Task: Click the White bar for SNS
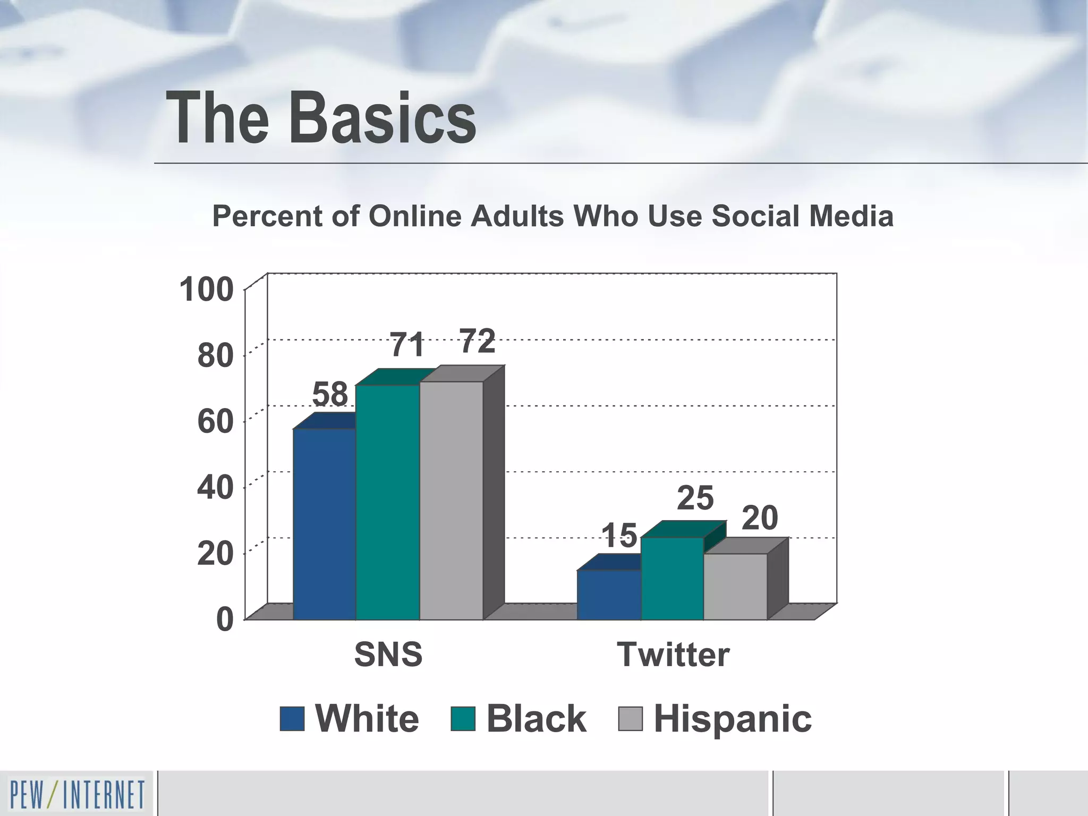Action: coord(324,523)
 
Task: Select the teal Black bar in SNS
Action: coord(388,502)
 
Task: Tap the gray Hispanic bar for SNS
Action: coord(452,500)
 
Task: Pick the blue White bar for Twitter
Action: coord(609,594)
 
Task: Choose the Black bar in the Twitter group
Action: coord(673,579)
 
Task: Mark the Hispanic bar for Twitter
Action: coord(736,586)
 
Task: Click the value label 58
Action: coord(330,395)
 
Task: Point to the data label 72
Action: coord(478,341)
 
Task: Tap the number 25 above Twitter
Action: coord(695,498)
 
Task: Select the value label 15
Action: coord(619,535)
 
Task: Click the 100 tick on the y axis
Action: coord(207,290)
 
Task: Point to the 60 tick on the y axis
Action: coord(215,422)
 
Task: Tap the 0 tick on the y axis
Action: coord(225,620)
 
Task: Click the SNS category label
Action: coord(388,654)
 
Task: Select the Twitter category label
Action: coord(673,654)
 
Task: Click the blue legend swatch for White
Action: coord(292,719)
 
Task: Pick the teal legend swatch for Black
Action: coord(463,719)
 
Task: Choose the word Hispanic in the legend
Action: coord(733,719)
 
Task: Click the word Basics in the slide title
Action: coord(382,118)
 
